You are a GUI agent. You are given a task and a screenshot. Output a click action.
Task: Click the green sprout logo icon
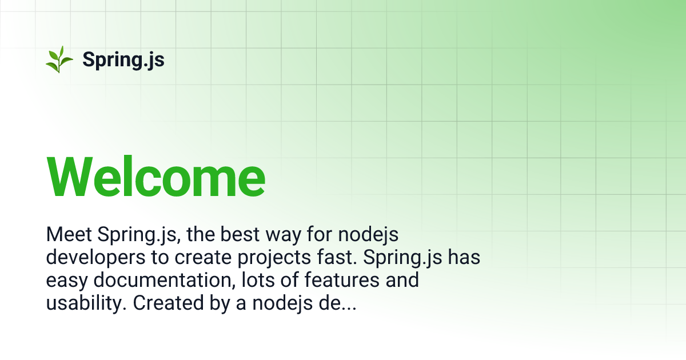coord(59,59)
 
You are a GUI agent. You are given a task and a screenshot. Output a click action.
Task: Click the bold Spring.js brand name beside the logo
coord(123,59)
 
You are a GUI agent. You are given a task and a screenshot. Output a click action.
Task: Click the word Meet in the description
coord(69,235)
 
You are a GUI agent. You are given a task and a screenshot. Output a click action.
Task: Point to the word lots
coord(257,281)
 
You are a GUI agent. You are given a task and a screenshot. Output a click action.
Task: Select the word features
coord(338,281)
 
